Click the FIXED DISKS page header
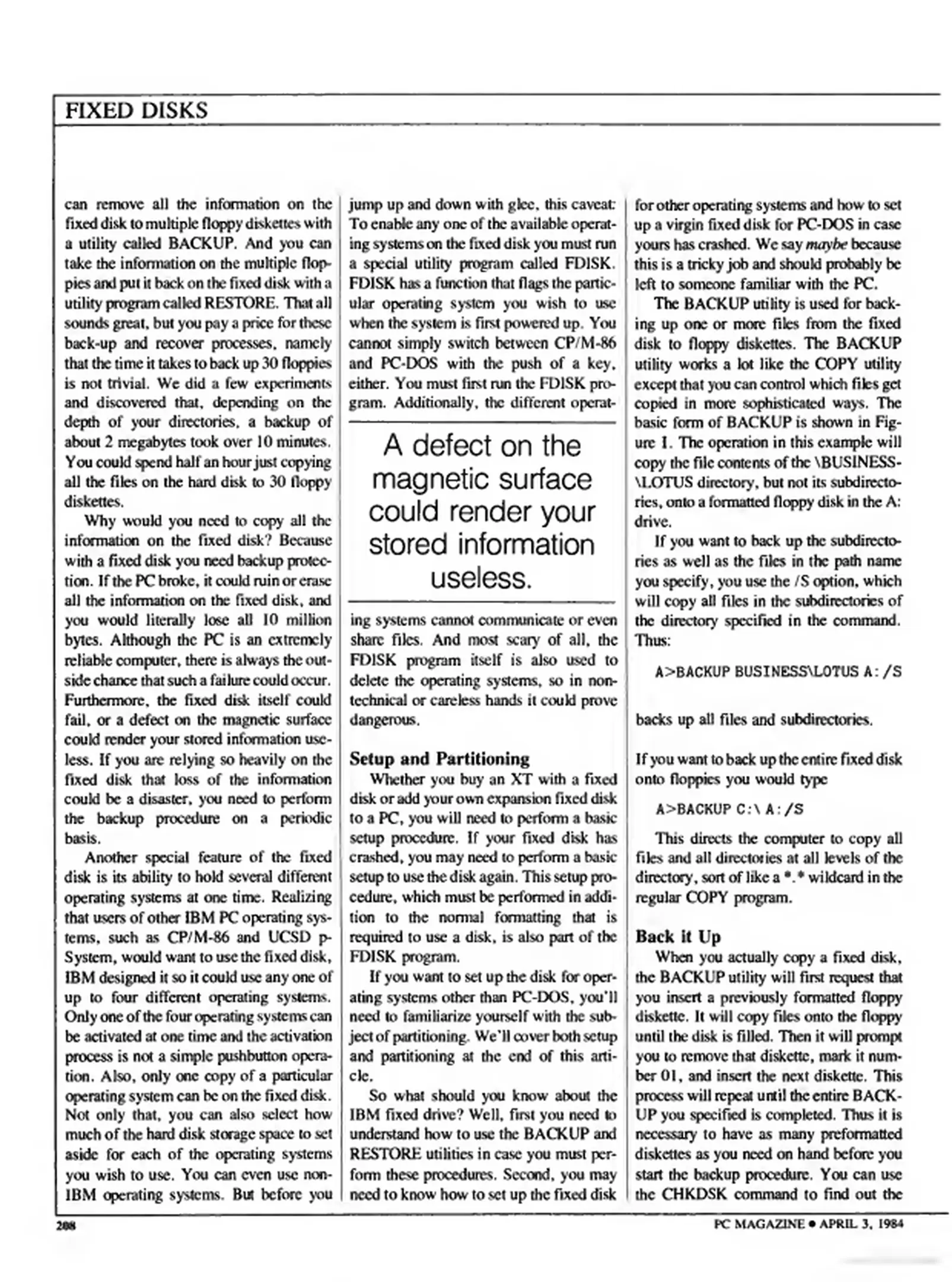coord(136,110)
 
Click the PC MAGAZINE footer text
coord(759,1224)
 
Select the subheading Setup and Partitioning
coord(439,759)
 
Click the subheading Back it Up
coord(678,937)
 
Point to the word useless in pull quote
coord(481,577)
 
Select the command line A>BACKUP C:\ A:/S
coord(729,810)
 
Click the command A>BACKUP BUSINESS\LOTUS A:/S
coord(778,672)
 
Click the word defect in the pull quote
coord(448,446)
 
